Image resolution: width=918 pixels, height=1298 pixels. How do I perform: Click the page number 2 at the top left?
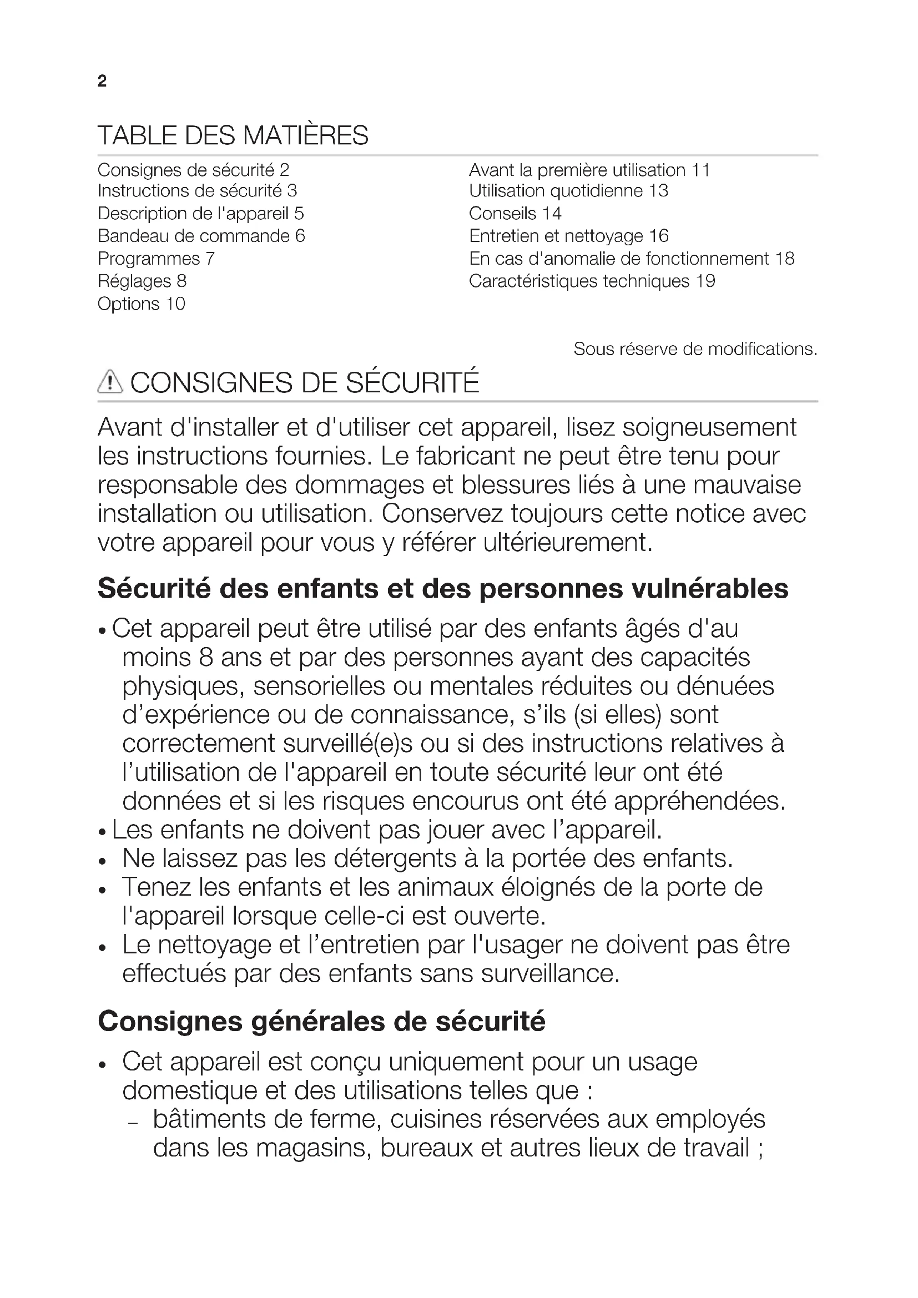point(102,82)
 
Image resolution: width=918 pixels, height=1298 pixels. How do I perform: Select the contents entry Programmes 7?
point(156,259)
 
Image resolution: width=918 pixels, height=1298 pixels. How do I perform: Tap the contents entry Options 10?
point(142,304)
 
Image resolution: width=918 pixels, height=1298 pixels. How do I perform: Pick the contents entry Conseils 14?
point(515,214)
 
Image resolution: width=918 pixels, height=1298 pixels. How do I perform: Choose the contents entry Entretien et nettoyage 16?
point(569,236)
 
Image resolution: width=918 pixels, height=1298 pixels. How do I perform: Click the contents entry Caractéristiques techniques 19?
point(592,281)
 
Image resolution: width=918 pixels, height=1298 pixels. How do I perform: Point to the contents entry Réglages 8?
point(142,281)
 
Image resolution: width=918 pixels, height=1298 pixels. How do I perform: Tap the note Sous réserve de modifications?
point(695,350)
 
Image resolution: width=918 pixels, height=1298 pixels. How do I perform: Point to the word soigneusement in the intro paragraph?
point(709,427)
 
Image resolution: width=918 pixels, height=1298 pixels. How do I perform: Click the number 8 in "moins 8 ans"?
point(206,658)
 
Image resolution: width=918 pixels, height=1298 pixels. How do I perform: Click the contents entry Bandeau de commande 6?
point(201,236)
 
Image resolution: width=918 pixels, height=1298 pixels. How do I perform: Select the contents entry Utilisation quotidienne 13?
point(569,191)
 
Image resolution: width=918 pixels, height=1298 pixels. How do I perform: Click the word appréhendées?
point(699,801)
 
